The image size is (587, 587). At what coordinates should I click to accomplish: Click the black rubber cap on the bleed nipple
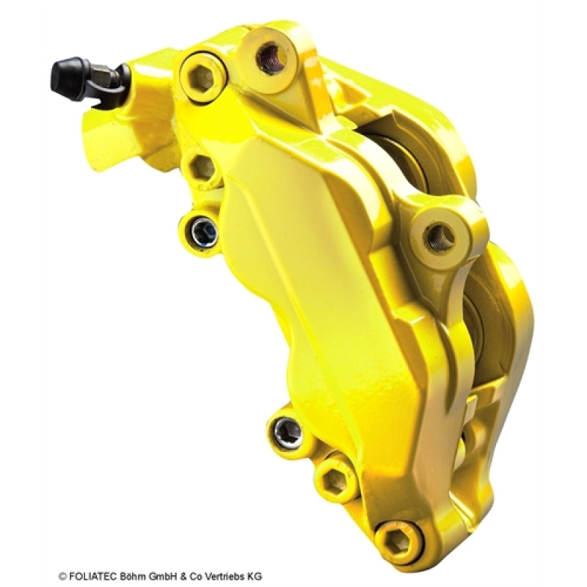(68, 79)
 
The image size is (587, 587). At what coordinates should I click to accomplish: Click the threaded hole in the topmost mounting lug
(270, 58)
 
